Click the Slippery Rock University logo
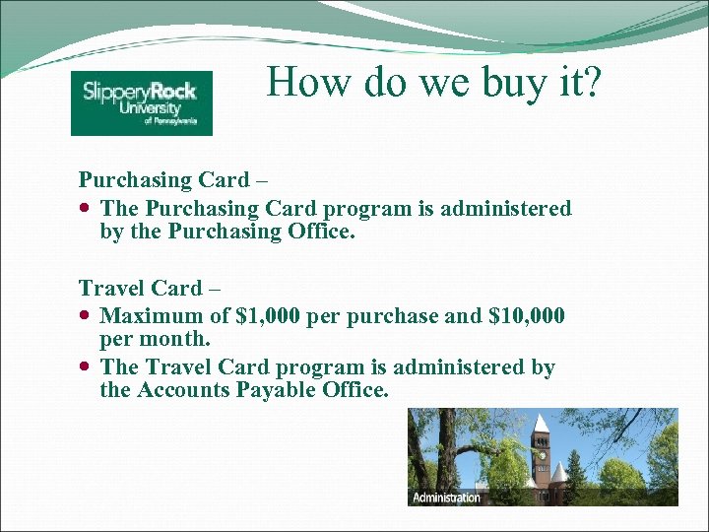pyautogui.click(x=141, y=103)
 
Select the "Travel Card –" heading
pyautogui.click(x=150, y=289)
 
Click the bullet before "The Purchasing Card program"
pyautogui.click(x=87, y=209)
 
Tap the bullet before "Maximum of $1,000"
pyautogui.click(x=87, y=317)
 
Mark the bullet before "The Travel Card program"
pyautogui.click(x=87, y=367)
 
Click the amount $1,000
pyautogui.click(x=268, y=316)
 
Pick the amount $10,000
pyautogui.click(x=526, y=316)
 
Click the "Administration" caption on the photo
pyautogui.click(x=446, y=498)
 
